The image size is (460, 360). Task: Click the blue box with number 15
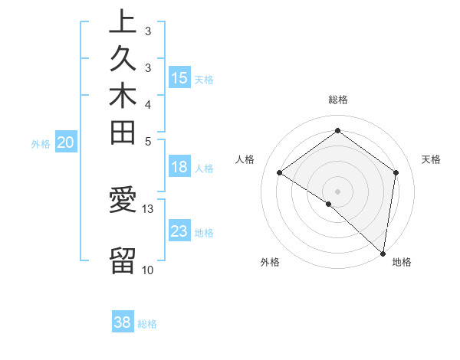coord(179,77)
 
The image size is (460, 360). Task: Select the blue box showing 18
coord(179,168)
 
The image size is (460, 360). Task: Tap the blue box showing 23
coord(179,231)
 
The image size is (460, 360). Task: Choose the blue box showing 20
coord(66,142)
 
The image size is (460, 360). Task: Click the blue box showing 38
coord(122,322)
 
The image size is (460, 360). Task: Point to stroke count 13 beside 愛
coord(148,208)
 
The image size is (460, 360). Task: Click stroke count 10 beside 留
coord(148,270)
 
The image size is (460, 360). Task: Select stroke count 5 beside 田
coord(148,141)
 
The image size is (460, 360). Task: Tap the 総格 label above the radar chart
coord(338,100)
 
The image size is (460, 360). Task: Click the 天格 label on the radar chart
coord(431,159)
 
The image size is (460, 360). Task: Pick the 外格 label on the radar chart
coord(270,262)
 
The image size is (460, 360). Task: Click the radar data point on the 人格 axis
coord(280,173)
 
